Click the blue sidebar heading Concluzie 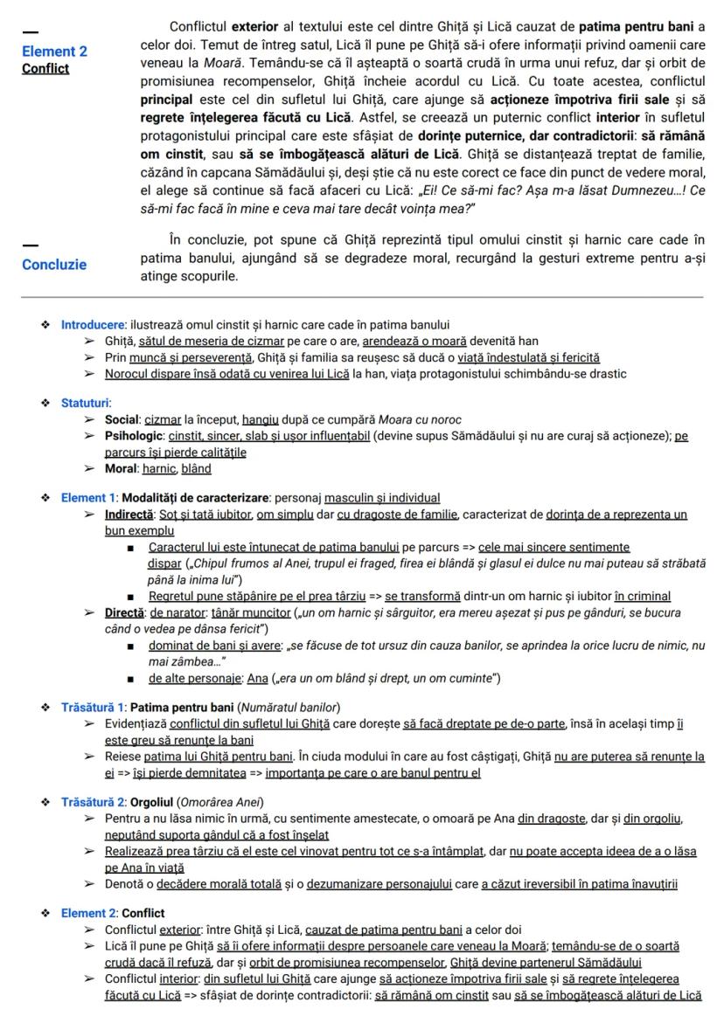tap(54, 265)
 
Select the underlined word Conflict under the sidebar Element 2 tap(45, 68)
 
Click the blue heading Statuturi tap(86, 403)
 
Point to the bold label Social tap(122, 418)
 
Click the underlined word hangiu tap(261, 418)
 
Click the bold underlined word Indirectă tap(129, 514)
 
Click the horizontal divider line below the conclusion tap(362, 297)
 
